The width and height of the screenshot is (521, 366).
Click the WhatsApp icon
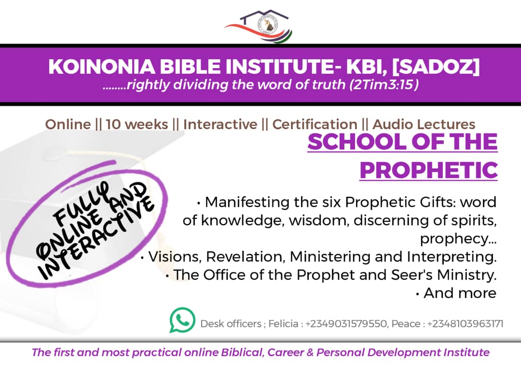pos(182,320)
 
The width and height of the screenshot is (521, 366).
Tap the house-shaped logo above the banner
pos(259,26)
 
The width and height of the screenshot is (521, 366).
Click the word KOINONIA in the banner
pos(102,67)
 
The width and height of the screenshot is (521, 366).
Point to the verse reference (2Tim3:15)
pos(384,85)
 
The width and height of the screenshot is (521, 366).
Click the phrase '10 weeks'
pos(137,124)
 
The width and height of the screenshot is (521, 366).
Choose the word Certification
pos(315,124)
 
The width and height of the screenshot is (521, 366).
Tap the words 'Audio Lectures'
pos(424,124)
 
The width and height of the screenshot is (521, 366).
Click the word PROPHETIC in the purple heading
pos(429,170)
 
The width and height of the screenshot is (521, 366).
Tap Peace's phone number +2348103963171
pos(465,324)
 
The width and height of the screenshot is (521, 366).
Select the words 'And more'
pos(460,293)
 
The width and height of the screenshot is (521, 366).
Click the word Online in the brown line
pos(68,124)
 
